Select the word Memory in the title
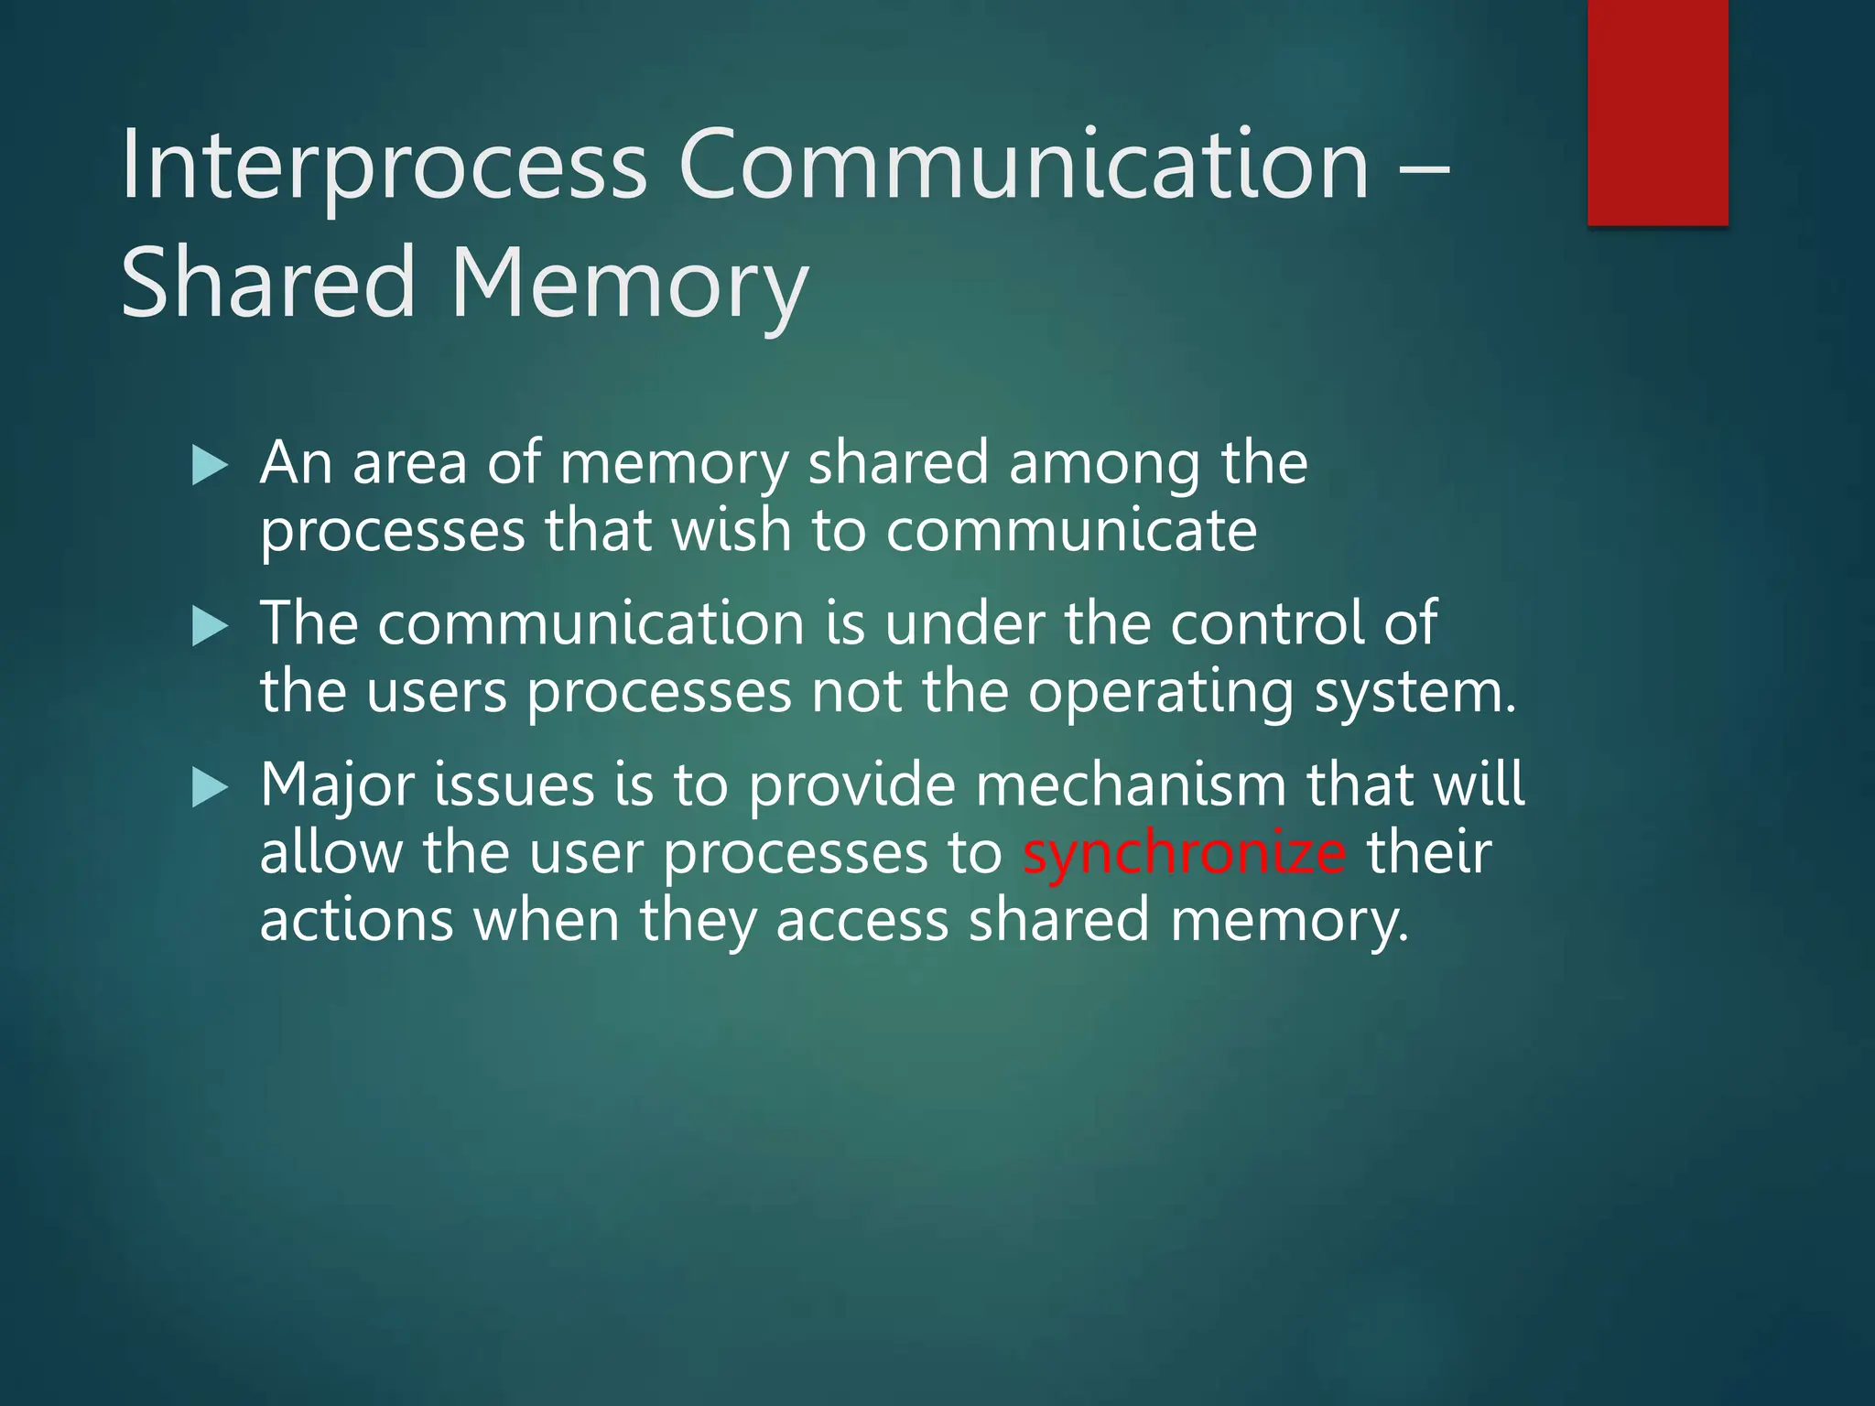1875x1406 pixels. pyautogui.click(x=629, y=285)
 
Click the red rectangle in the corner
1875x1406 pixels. pyautogui.click(x=1657, y=112)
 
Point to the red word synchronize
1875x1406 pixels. pyautogui.click(x=1184, y=853)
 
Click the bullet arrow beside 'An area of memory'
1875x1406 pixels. pyautogui.click(x=210, y=466)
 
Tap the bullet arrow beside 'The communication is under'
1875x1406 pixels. pyautogui.click(x=210, y=627)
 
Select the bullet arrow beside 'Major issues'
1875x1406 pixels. pyautogui.click(x=210, y=788)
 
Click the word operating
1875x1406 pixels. pyautogui.click(x=1160, y=694)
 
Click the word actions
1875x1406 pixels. pyautogui.click(x=356, y=921)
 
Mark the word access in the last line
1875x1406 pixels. pyautogui.click(x=862, y=921)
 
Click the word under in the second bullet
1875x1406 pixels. pyautogui.click(x=964, y=624)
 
